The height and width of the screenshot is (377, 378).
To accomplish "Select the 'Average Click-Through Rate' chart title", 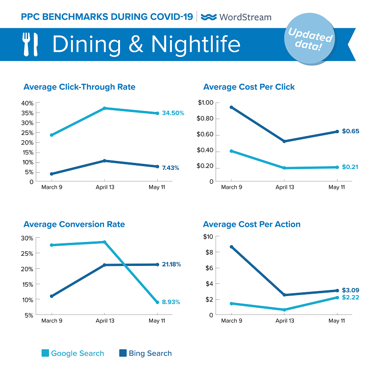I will [x=79, y=87].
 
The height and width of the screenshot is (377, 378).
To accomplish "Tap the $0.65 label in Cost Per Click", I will [x=350, y=131].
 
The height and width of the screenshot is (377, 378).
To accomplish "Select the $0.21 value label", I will [x=350, y=167].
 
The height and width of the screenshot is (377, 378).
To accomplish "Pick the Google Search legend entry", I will [x=72, y=353].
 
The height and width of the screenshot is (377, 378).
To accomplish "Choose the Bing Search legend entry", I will [x=145, y=353].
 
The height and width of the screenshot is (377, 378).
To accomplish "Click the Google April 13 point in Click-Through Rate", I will [x=104, y=108].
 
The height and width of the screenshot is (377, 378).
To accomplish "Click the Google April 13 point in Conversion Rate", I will [x=104, y=242].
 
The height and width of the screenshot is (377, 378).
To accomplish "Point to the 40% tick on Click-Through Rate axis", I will [x=28, y=103].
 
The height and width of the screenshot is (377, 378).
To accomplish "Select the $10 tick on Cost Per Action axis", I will [x=208, y=237].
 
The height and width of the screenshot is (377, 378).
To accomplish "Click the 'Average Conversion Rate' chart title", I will [x=74, y=225].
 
